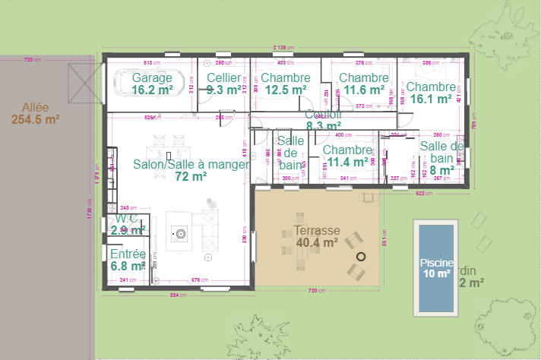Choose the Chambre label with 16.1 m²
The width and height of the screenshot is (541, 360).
(x=430, y=93)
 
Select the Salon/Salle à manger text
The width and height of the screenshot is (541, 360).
(x=191, y=164)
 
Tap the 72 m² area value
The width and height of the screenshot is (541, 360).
(x=191, y=176)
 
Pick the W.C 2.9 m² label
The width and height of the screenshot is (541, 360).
(x=127, y=224)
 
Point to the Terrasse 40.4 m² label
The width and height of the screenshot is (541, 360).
(x=316, y=236)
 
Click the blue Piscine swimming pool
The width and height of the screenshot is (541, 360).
(x=436, y=267)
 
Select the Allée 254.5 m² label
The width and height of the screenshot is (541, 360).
(x=35, y=112)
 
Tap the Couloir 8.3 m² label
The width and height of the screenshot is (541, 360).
(x=323, y=121)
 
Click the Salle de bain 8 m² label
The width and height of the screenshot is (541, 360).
(x=441, y=158)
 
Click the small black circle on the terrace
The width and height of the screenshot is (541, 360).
(x=361, y=257)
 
